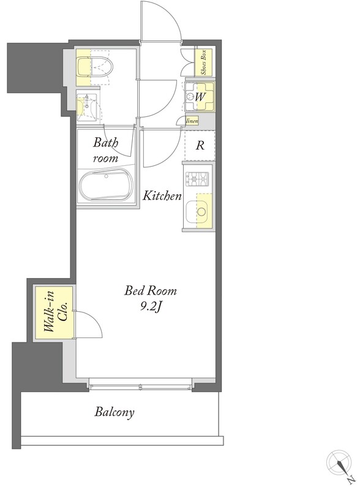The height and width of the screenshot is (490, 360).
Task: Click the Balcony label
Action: pos(114,412)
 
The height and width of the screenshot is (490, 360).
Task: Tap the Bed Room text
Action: pos(151,290)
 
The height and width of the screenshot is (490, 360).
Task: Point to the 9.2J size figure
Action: pos(151,307)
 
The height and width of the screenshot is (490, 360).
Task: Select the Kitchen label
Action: pos(162,196)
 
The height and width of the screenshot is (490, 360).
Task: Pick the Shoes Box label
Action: pos(203,62)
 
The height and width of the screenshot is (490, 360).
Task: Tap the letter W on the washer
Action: pos(200,97)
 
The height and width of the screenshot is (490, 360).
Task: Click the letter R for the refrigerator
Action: pos(200,145)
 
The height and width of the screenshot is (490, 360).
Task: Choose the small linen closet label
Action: pos(192,121)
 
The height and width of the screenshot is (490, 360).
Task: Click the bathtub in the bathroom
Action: pos(106,186)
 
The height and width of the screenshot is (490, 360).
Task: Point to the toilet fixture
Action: pos(95,66)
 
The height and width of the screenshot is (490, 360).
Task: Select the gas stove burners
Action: pos(197,179)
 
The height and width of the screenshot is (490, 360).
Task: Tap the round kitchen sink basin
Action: pos(201,211)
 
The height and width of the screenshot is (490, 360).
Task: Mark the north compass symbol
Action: pos(340,464)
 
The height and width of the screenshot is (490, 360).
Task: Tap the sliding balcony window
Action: pos(140,387)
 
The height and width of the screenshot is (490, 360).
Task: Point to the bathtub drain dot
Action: pos(107,176)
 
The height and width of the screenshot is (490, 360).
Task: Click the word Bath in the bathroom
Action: pos(106,143)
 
